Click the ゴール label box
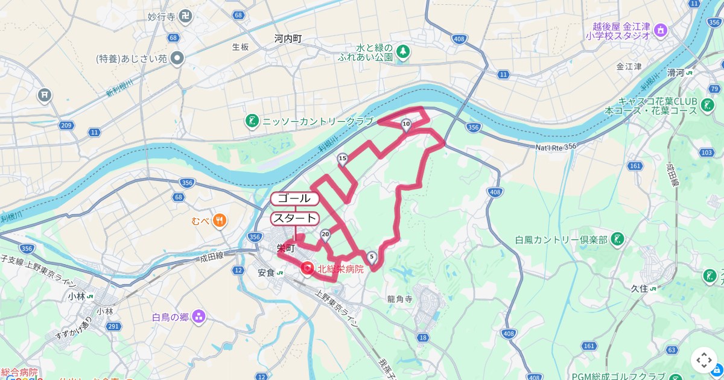click(294, 198)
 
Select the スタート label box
click(294, 218)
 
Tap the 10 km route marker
click(406, 125)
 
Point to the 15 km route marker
click(342, 159)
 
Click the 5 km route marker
click(372, 258)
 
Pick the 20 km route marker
click(326, 234)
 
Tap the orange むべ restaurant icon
click(220, 220)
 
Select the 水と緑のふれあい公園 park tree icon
click(402, 52)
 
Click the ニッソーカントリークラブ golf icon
click(252, 121)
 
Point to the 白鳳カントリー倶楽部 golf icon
click(617, 239)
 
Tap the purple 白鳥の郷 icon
click(198, 317)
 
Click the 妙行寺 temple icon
click(185, 16)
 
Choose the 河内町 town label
click(288, 38)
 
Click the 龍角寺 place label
click(399, 298)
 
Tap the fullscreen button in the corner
click(703, 360)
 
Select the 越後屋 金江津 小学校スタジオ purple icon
click(660, 29)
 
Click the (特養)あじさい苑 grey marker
click(177, 58)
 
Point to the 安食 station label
click(266, 273)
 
